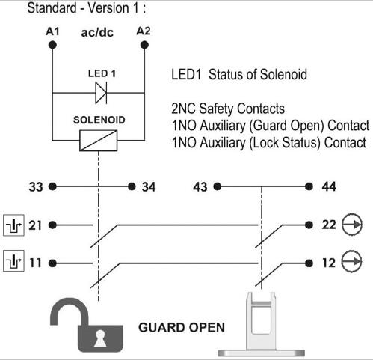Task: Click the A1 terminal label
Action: (52, 33)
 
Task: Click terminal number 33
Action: (36, 186)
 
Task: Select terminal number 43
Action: (200, 186)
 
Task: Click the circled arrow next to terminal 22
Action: (352, 224)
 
